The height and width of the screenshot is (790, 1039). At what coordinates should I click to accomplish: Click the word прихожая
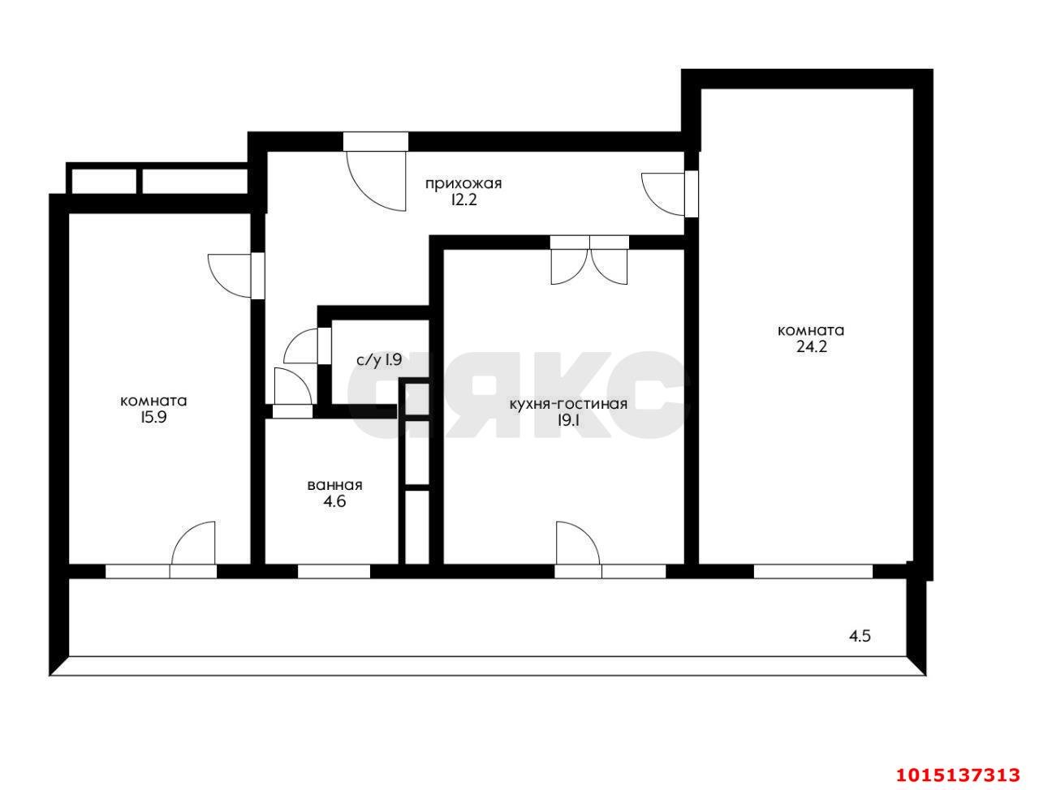coord(463,184)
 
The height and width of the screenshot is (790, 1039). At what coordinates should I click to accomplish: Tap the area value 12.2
coord(463,200)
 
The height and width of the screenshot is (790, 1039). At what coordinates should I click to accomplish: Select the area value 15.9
coord(153,418)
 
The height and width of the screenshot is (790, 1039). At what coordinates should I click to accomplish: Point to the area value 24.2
coord(811,347)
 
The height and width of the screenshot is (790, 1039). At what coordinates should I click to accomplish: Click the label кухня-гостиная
coord(568,404)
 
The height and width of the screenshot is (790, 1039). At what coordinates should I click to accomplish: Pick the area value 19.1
coord(568,420)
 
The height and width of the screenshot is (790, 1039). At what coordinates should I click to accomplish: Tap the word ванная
coord(334,485)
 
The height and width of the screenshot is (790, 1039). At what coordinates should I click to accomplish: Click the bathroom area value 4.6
coord(334,501)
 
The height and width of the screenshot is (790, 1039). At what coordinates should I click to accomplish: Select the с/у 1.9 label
coord(379,360)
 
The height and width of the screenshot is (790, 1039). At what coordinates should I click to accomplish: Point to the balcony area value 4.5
coord(860,636)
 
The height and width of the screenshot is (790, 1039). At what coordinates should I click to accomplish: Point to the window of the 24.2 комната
coord(813,572)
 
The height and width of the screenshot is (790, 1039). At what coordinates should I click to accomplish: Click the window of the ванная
coord(334,572)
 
